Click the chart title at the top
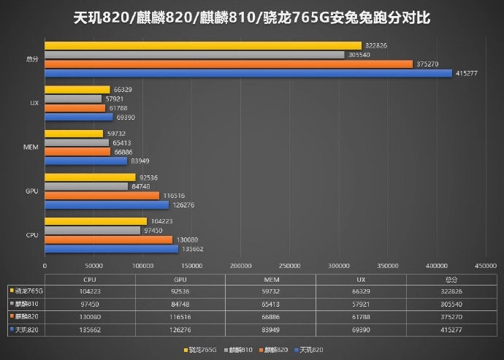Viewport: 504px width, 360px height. [x=252, y=17]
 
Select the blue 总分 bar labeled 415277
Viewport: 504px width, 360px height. [x=248, y=73]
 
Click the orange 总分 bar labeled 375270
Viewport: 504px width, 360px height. [x=229, y=64]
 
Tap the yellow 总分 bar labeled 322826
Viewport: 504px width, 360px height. [x=203, y=45]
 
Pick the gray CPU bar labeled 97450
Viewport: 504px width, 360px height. [x=93, y=230]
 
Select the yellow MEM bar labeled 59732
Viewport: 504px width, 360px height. [x=74, y=134]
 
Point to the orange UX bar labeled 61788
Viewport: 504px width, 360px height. [x=75, y=107]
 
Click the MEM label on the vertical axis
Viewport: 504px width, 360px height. [x=31, y=147]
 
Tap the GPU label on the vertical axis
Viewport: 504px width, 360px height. [x=31, y=191]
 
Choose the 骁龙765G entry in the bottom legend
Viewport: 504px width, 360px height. [x=200, y=350]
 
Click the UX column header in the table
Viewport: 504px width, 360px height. [x=361, y=279]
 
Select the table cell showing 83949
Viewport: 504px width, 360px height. [x=270, y=329]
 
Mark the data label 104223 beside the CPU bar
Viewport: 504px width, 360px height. [x=162, y=221]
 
